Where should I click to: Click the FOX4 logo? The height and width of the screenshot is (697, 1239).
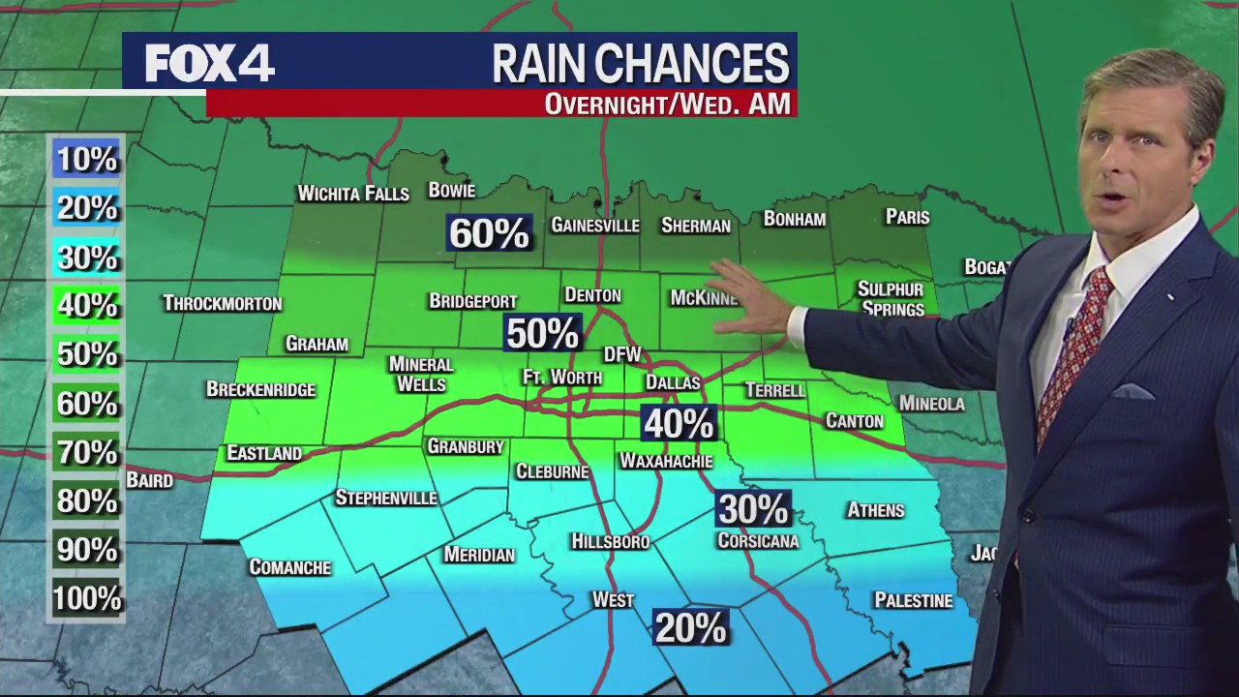point(209,64)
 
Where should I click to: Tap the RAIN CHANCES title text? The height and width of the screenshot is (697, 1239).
point(640,65)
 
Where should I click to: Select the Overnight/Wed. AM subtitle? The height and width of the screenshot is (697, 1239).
point(667,104)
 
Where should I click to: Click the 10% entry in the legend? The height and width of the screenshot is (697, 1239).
point(86,159)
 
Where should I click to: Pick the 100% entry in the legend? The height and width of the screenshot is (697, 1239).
point(86,599)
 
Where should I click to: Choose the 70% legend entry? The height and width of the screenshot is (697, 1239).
point(86,452)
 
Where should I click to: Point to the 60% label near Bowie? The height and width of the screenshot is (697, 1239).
point(489,233)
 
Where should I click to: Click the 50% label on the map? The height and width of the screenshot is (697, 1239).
point(542,333)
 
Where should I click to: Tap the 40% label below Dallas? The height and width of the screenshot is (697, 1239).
point(679,423)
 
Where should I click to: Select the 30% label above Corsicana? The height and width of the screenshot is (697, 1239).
point(752,508)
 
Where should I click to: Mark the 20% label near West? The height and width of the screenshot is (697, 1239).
point(689,628)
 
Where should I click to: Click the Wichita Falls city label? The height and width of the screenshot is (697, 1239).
point(352,194)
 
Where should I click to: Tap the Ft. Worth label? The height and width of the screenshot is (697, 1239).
point(562,378)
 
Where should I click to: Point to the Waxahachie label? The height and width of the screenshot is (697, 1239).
point(666,461)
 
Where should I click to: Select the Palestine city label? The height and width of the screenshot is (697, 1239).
point(913,601)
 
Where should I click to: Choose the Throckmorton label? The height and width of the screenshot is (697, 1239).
point(223,304)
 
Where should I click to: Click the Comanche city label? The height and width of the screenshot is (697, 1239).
point(289,567)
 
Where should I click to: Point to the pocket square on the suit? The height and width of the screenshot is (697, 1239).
point(1133,391)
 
